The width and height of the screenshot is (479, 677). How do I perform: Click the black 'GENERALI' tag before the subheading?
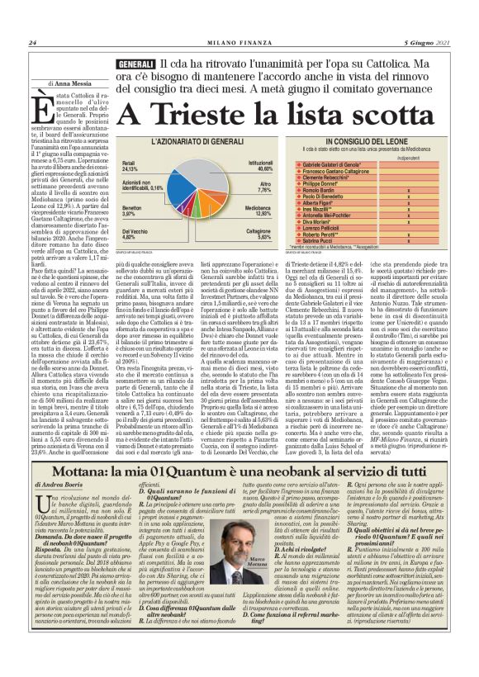136,64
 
